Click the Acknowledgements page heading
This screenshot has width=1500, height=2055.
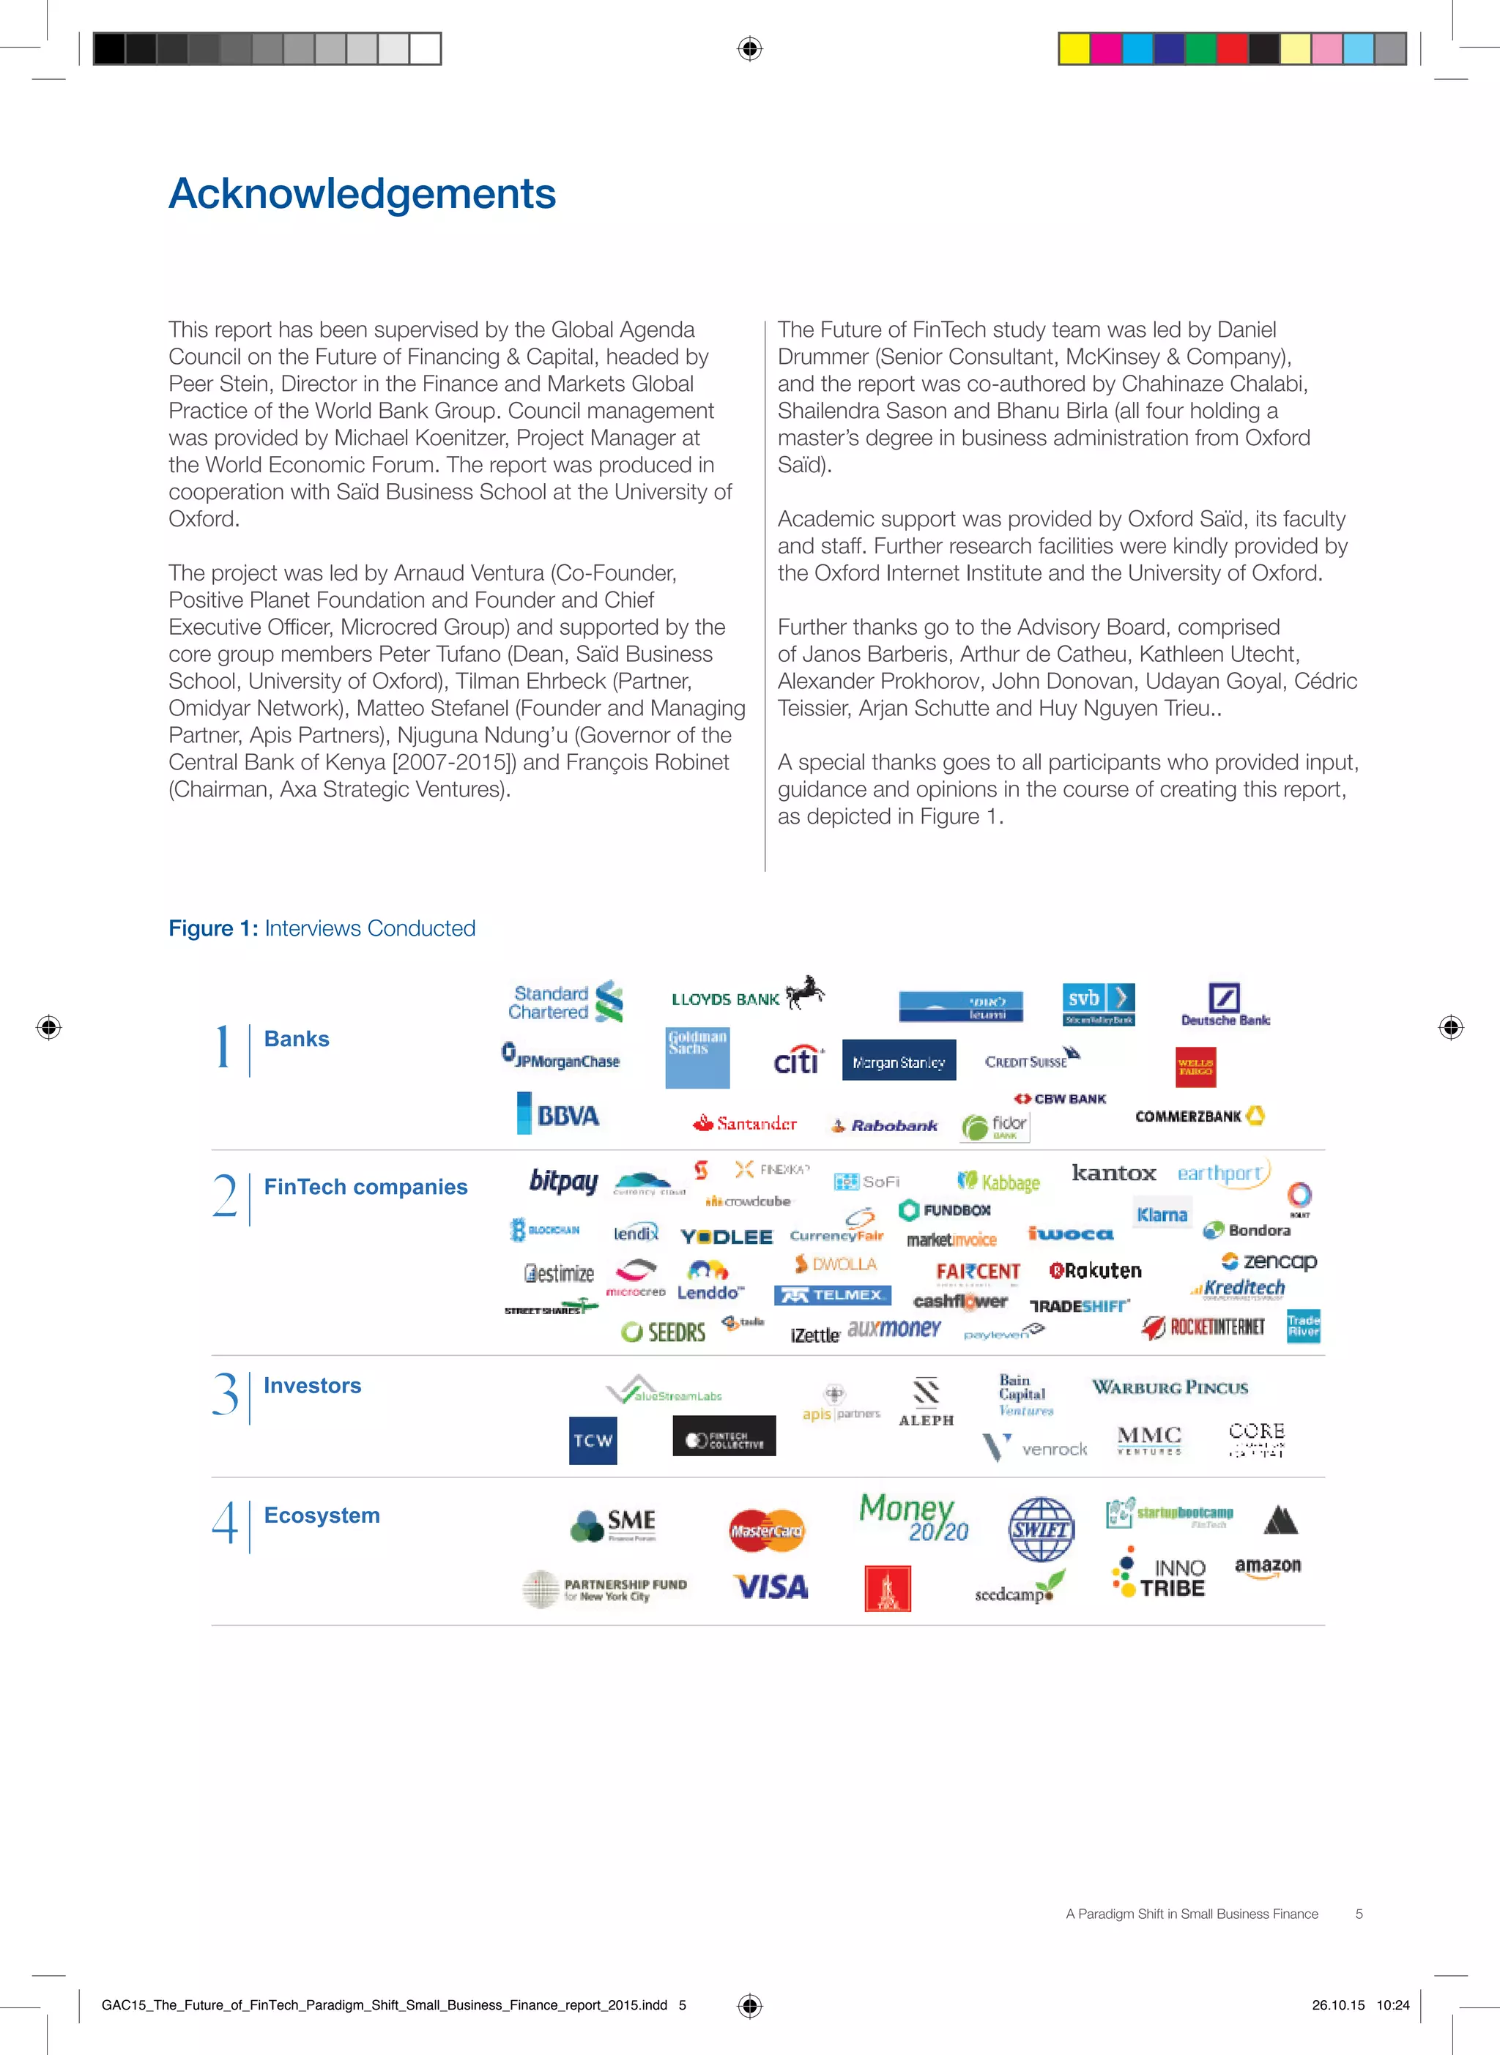[x=363, y=193]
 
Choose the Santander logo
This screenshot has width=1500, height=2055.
[x=745, y=1124]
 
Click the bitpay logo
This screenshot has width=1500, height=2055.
[x=564, y=1181]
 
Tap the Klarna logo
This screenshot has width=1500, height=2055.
[x=1162, y=1215]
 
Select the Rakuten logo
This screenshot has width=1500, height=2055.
[x=1095, y=1271]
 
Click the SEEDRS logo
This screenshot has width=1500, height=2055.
[x=664, y=1332]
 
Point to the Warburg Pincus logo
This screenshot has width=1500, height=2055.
[x=1170, y=1387]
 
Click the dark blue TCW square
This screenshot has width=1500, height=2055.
[x=593, y=1439]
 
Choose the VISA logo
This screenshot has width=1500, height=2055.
[x=770, y=1586]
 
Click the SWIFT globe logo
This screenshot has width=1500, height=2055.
[x=1041, y=1529]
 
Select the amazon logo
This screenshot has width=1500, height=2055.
[x=1268, y=1566]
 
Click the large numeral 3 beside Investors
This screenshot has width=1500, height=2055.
[x=225, y=1394]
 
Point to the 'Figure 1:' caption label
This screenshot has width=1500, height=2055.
[x=213, y=928]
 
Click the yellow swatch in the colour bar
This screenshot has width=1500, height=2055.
[x=1075, y=49]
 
